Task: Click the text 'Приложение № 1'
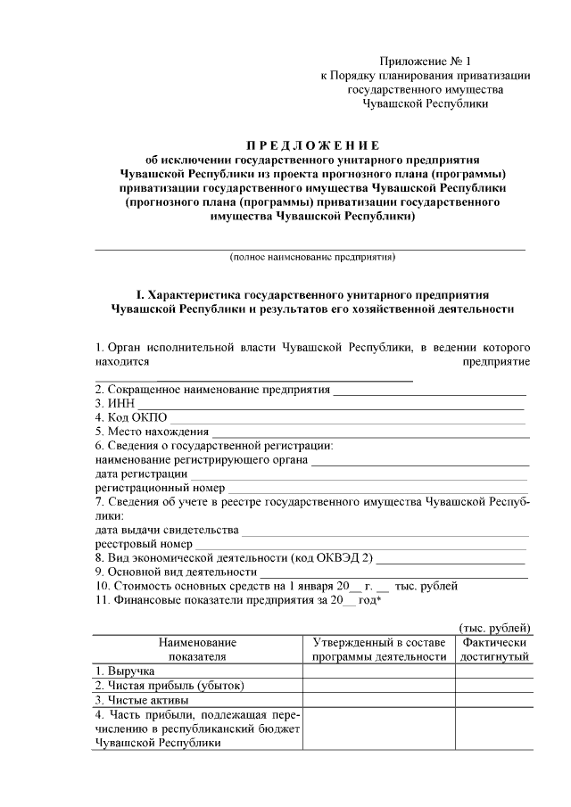(x=425, y=62)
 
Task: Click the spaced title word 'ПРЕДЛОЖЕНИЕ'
(x=312, y=145)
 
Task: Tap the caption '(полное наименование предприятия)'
(x=312, y=257)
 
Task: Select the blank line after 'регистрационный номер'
(x=378, y=490)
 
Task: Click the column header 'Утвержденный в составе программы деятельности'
(x=379, y=649)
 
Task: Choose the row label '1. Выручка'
(x=126, y=670)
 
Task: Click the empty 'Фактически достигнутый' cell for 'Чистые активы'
(x=495, y=700)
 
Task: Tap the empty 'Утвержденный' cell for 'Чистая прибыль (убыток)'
(x=379, y=685)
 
